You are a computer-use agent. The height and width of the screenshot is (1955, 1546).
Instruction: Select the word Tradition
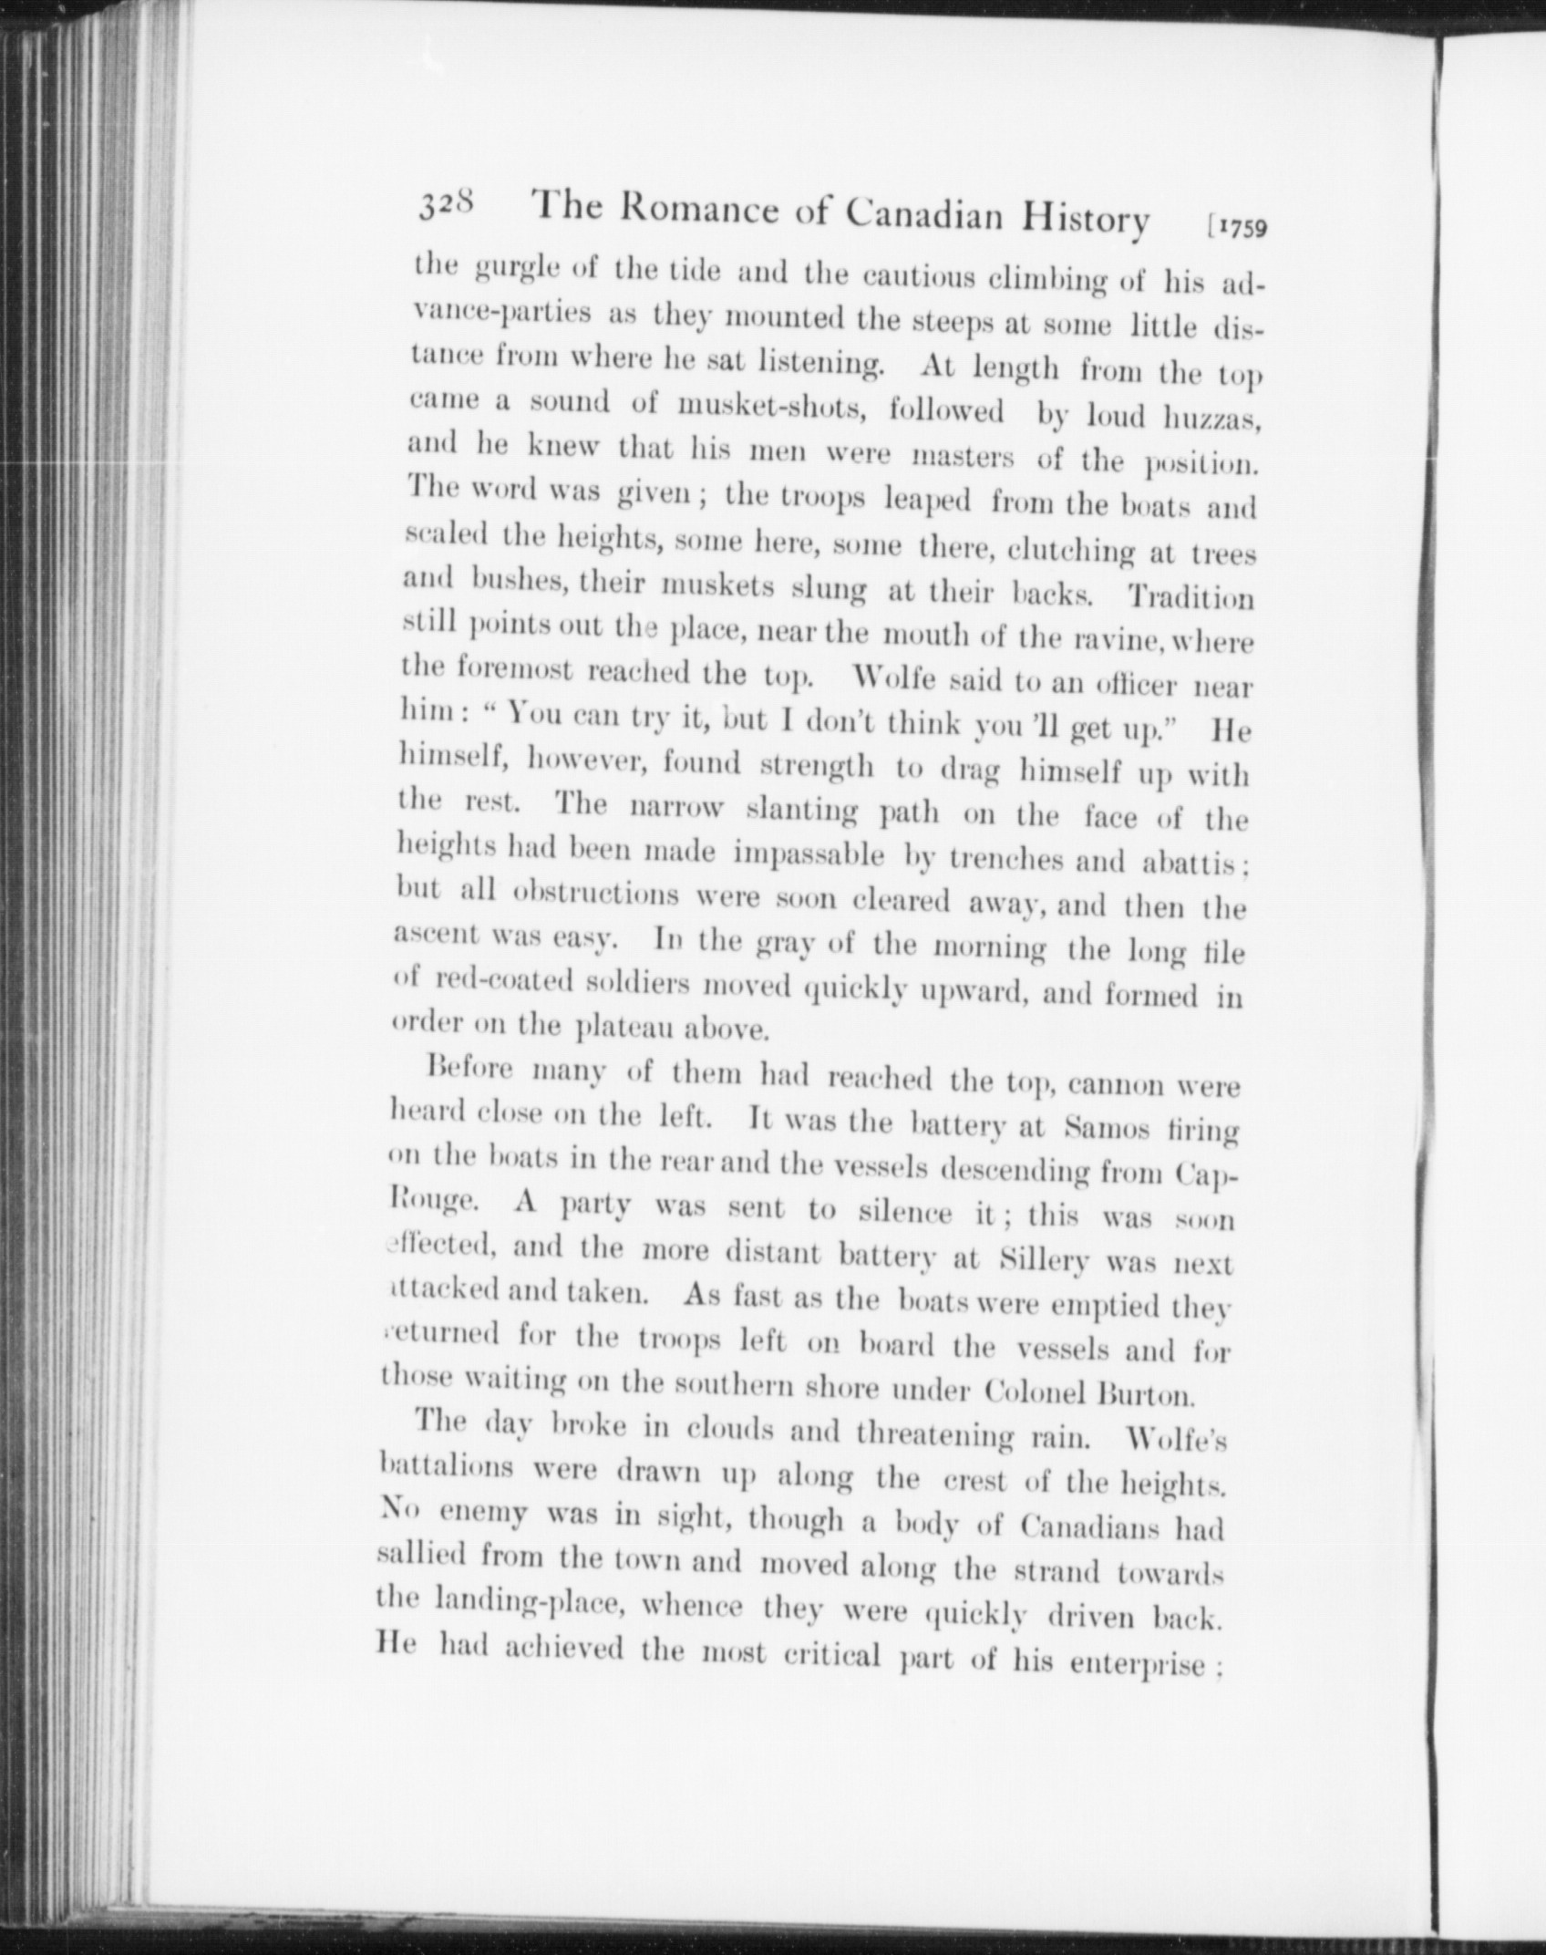[x=1190, y=597]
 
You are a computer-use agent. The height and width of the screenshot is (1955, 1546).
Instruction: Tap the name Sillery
[x=1044, y=1261]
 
